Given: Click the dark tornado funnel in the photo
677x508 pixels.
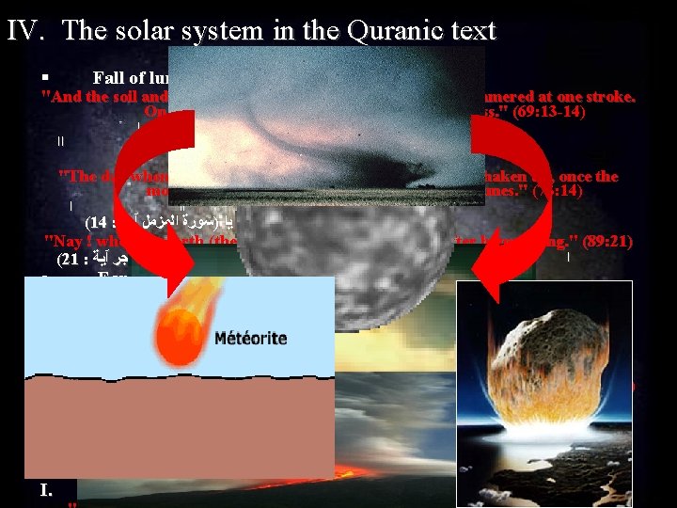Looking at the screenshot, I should click(x=320, y=160).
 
